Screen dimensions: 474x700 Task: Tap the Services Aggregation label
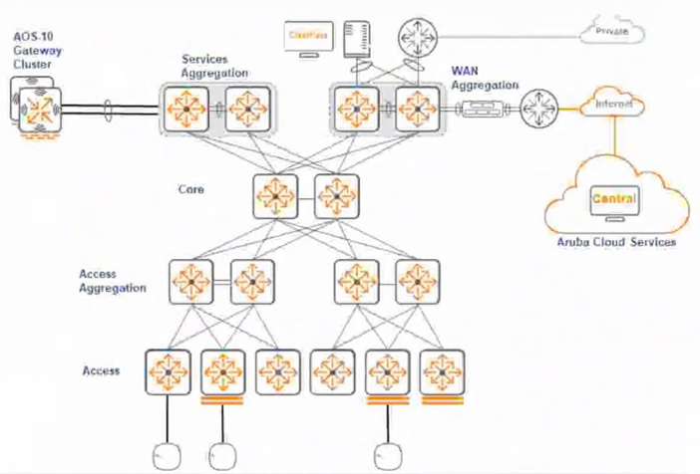pos(213,66)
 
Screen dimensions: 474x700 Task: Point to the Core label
pos(191,188)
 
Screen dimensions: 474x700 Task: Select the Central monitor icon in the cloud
pos(614,201)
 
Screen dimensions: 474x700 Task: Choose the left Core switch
pos(275,194)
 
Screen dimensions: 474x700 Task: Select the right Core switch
pos(336,194)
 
